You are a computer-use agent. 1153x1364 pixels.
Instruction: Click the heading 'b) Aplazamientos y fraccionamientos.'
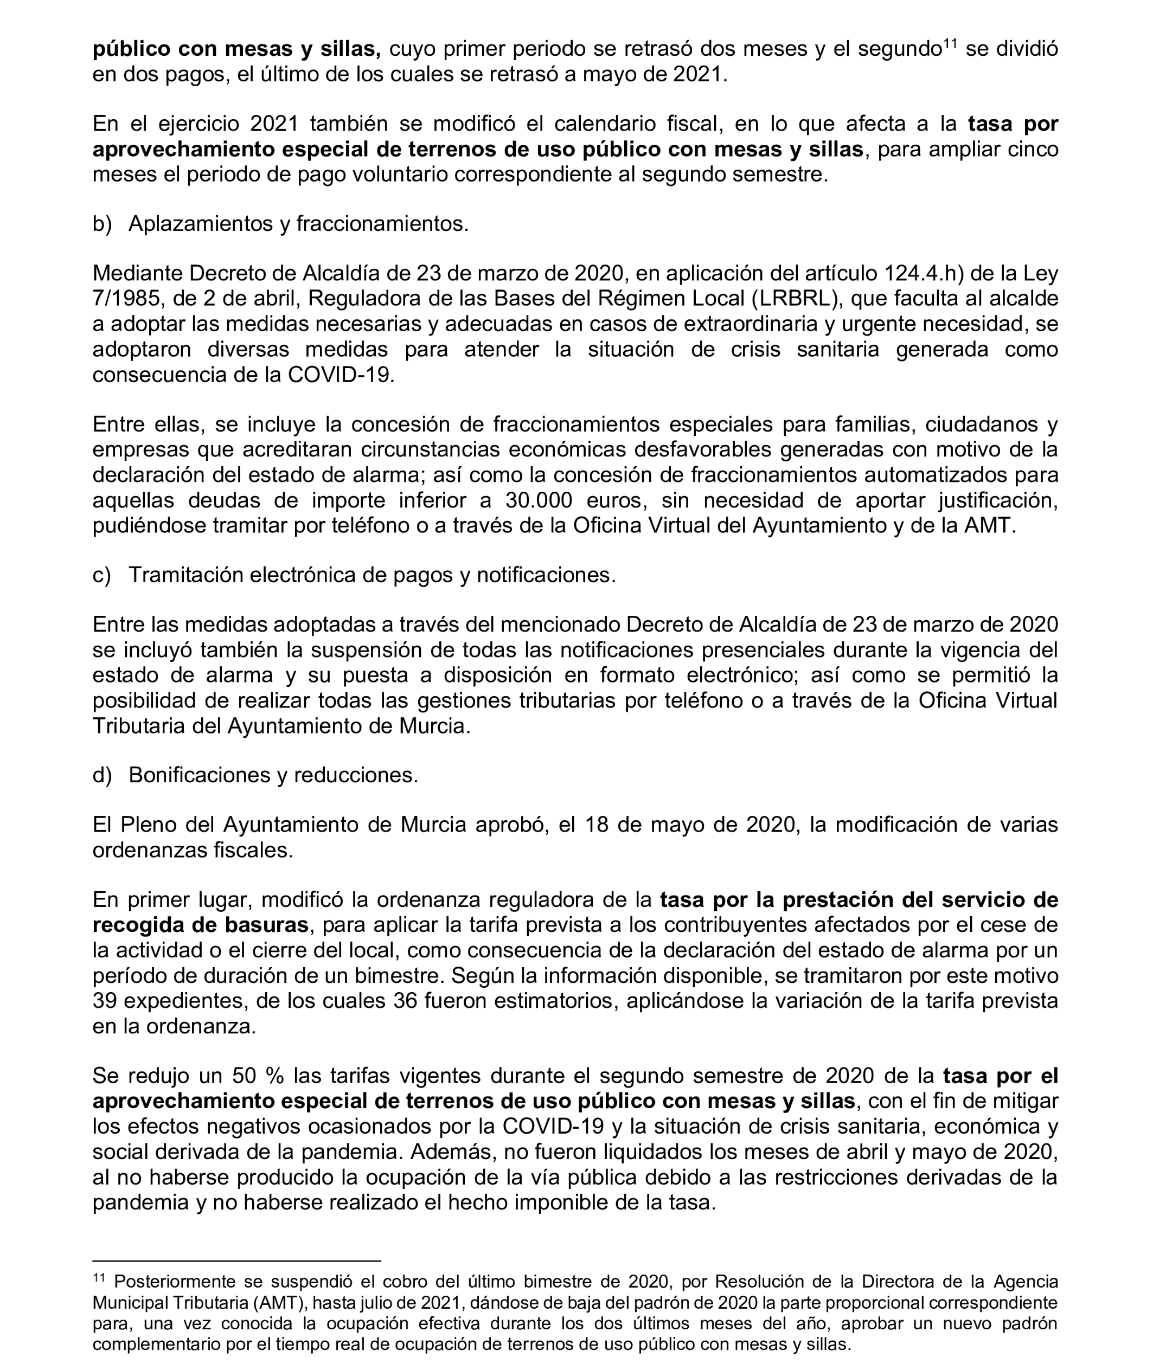click(281, 224)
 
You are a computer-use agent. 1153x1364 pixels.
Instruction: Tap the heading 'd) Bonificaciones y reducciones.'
click(255, 775)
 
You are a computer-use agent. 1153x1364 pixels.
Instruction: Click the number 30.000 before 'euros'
click(539, 501)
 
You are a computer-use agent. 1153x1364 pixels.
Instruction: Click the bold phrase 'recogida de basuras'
click(200, 925)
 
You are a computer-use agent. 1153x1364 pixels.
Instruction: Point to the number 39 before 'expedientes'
click(105, 1001)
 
